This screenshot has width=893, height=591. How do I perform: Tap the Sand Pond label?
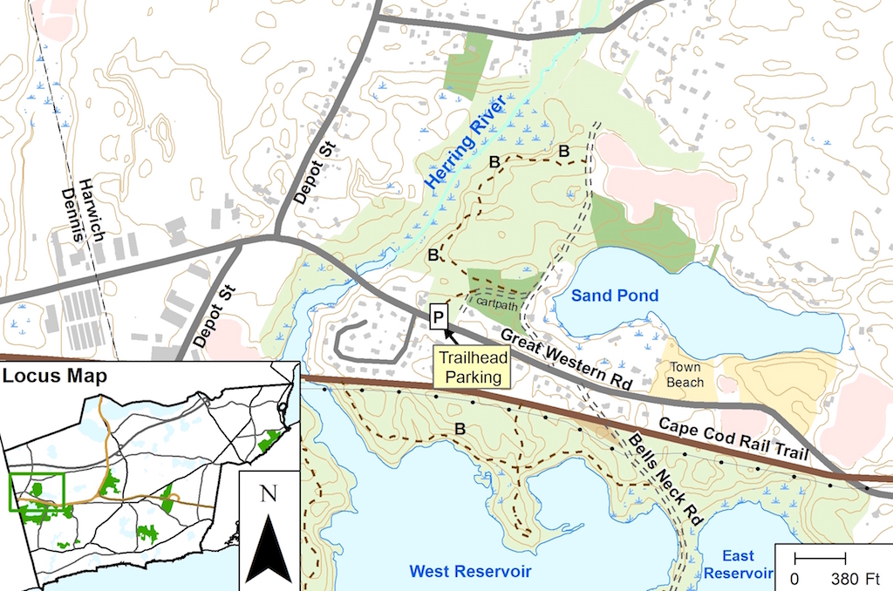point(615,296)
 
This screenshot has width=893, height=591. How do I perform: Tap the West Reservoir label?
point(470,571)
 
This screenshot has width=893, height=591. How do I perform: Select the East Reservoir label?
point(739,564)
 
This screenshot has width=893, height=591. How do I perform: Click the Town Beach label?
point(685,374)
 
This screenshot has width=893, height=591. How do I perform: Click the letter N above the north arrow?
point(268,494)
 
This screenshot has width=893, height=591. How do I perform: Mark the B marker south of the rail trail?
point(460,428)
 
